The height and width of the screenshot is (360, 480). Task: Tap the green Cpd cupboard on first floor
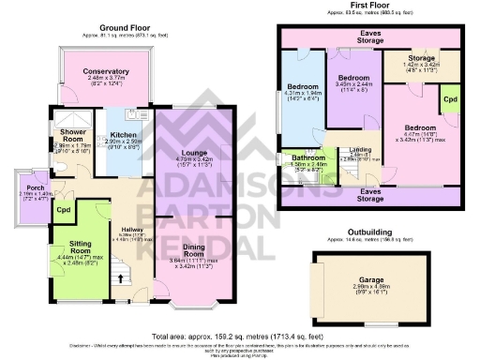pyautogui.click(x=450, y=97)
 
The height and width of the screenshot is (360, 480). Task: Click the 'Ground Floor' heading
pyautogui.click(x=127, y=28)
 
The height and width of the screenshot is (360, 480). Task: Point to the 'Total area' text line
pyautogui.click(x=240, y=334)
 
